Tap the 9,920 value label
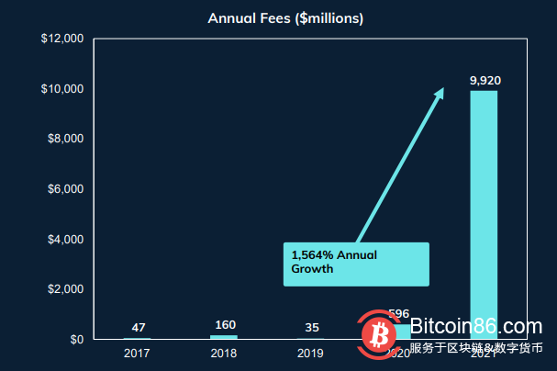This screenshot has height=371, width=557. (485, 81)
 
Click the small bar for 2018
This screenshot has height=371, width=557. (225, 337)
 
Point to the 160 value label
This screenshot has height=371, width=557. (225, 325)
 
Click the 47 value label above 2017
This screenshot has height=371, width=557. (138, 327)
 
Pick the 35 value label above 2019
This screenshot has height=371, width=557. (312, 327)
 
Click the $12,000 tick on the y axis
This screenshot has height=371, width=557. (62, 39)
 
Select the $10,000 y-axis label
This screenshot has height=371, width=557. (62, 89)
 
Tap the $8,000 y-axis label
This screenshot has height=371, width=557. (65, 140)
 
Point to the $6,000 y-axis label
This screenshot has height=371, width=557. (65, 189)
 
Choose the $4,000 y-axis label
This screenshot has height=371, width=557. (65, 240)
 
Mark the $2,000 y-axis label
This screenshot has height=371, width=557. (65, 289)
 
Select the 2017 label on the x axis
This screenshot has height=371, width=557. (138, 353)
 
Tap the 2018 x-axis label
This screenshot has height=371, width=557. (225, 353)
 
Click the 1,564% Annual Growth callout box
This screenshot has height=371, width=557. (355, 264)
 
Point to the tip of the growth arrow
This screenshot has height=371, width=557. (443, 88)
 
